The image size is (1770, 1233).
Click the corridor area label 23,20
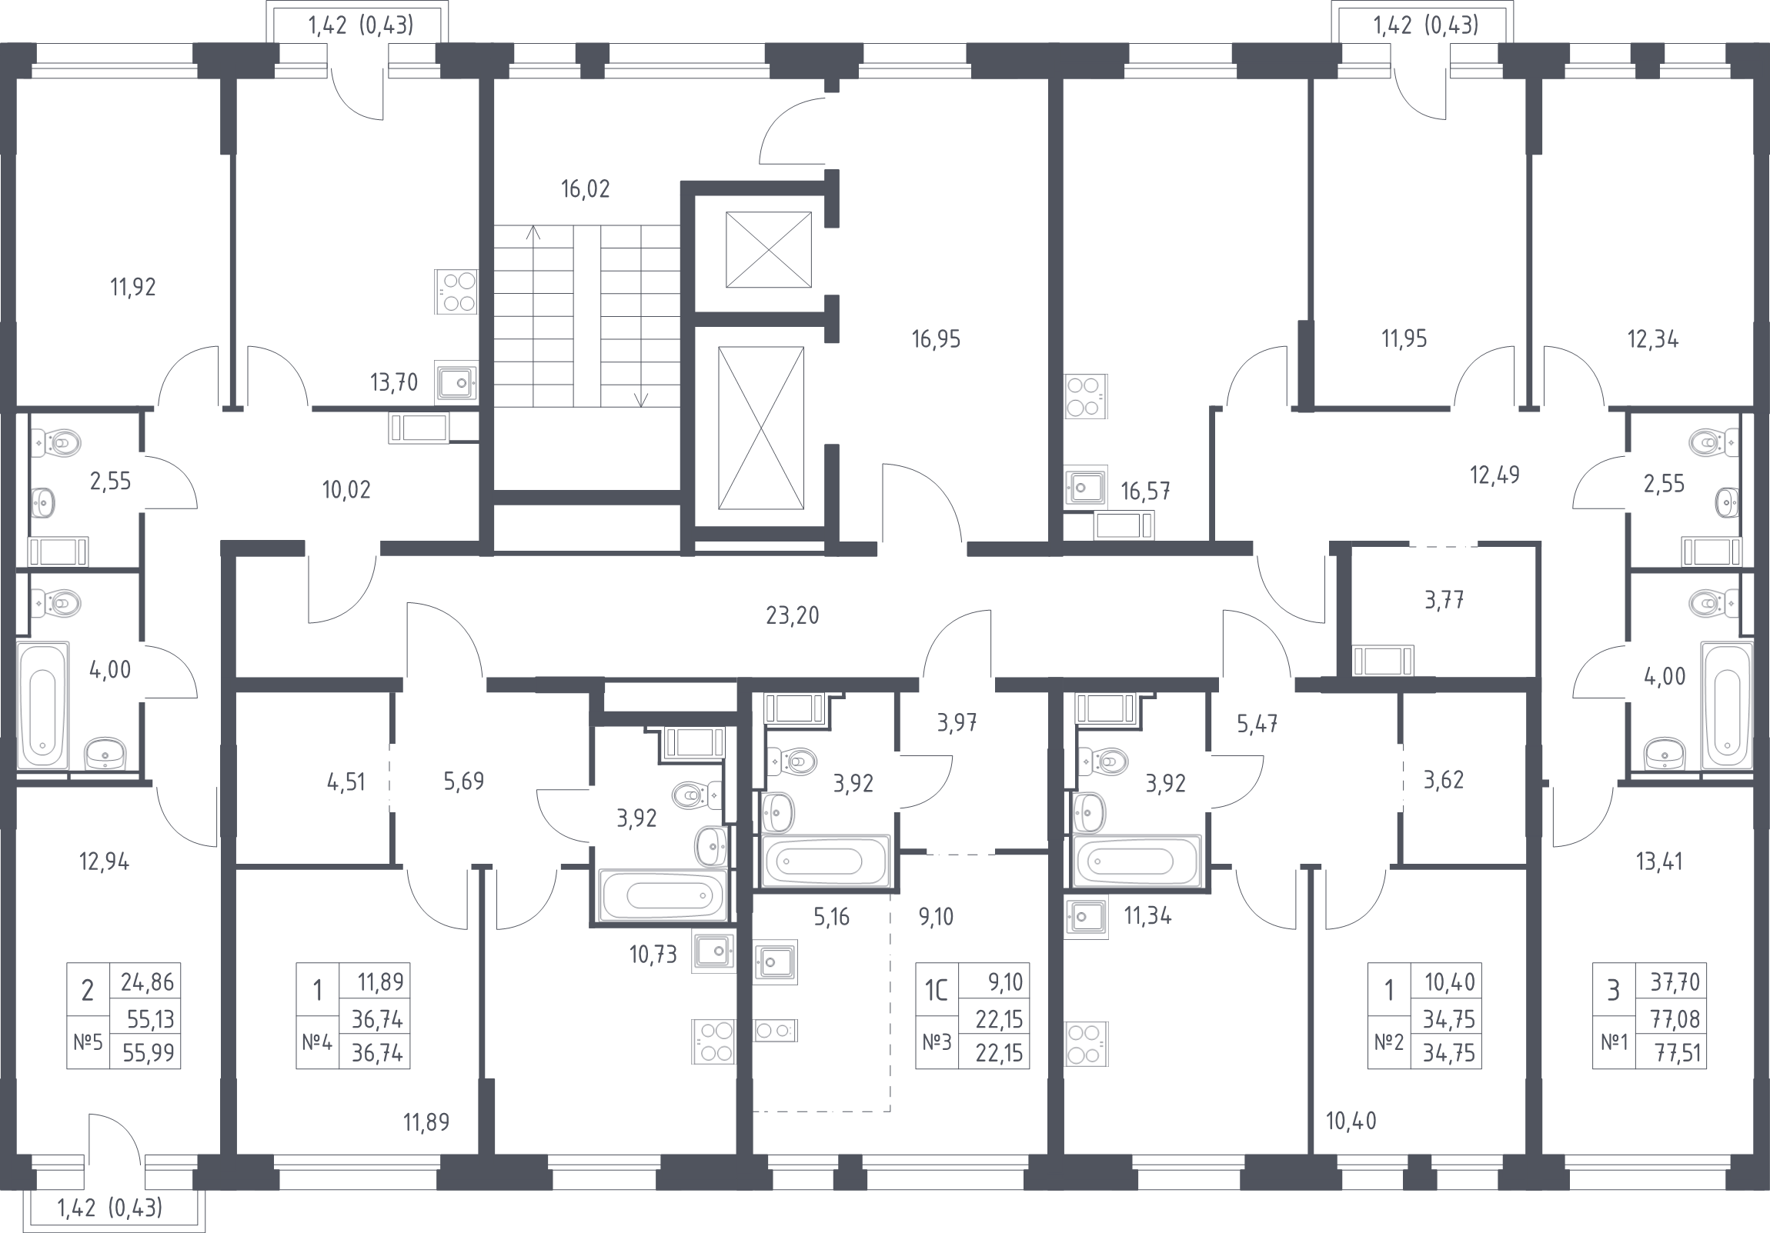click(x=793, y=615)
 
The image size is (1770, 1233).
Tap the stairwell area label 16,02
click(x=585, y=188)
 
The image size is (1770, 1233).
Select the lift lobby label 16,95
click(x=936, y=339)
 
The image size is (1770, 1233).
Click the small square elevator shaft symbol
click(x=769, y=250)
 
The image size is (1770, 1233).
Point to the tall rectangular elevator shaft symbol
click(x=761, y=428)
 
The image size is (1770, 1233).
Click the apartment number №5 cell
click(x=88, y=1043)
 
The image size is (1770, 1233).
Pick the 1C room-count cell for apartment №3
click(x=936, y=990)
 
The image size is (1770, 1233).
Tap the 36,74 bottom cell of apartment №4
click(x=377, y=1053)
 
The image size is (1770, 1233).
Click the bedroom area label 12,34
click(x=1653, y=339)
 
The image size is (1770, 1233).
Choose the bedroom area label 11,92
click(x=132, y=288)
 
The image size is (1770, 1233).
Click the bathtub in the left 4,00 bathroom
click(x=42, y=705)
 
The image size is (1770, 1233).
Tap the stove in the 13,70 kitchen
click(x=456, y=292)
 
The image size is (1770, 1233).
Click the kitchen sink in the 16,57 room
click(x=1085, y=485)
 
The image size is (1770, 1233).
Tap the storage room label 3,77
click(x=1444, y=600)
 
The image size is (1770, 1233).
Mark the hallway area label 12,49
click(x=1494, y=475)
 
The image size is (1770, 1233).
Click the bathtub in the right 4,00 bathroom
click(x=1727, y=705)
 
